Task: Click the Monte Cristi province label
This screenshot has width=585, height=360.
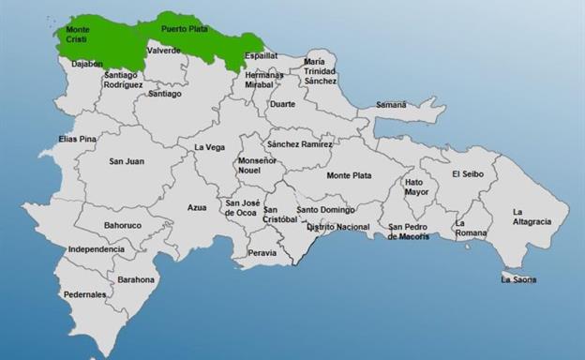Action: pyautogui.click(x=78, y=36)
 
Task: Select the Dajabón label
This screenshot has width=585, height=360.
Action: pyautogui.click(x=87, y=64)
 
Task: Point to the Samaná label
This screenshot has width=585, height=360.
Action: pyautogui.click(x=391, y=105)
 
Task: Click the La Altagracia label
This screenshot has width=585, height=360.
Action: pyautogui.click(x=532, y=217)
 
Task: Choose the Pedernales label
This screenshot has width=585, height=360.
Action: pyautogui.click(x=85, y=294)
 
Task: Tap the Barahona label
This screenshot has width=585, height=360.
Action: pyautogui.click(x=136, y=279)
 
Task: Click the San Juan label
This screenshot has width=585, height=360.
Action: pyautogui.click(x=126, y=161)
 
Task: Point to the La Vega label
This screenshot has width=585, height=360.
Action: pyautogui.click(x=210, y=147)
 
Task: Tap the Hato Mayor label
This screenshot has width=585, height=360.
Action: pyautogui.click(x=416, y=187)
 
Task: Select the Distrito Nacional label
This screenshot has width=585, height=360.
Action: pyautogui.click(x=338, y=227)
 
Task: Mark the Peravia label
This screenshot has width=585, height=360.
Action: pyautogui.click(x=262, y=252)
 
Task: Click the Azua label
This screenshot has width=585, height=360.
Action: pyautogui.click(x=197, y=207)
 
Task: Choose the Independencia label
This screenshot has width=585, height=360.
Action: pyautogui.click(x=96, y=249)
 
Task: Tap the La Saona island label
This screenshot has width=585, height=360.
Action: pyautogui.click(x=518, y=278)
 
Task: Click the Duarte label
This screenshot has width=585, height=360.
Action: pyautogui.click(x=282, y=105)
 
